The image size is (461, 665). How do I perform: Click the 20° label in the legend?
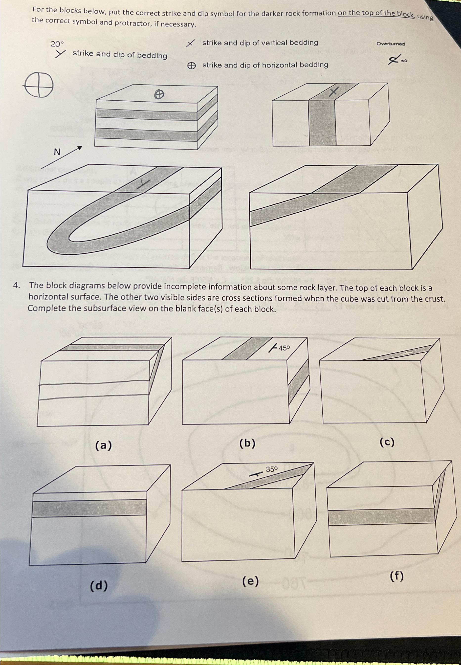click(x=57, y=44)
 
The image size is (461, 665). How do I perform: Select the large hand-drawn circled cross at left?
click(x=39, y=85)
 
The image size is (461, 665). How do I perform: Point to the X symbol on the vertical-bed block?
click(x=334, y=92)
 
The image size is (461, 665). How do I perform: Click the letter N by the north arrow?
click(x=57, y=152)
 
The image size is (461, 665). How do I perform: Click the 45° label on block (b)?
click(x=284, y=348)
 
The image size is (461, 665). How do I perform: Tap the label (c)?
click(x=387, y=442)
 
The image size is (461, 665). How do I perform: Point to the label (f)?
click(x=396, y=576)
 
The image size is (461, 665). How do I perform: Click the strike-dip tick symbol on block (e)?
click(x=255, y=475)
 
